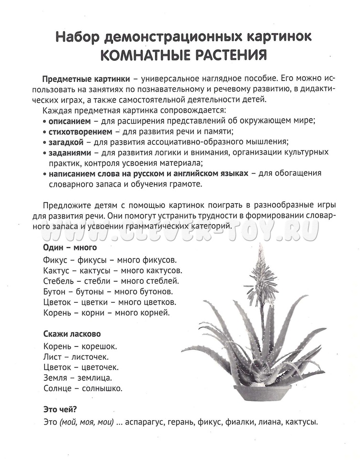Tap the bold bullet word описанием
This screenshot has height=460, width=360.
pos(68,120)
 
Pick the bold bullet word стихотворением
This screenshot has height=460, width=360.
pos(80,131)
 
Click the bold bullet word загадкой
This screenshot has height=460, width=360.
pos(66,142)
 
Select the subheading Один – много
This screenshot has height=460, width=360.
pos(69,248)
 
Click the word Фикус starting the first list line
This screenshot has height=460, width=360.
pos(54,260)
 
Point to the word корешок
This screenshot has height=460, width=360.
pos(99,346)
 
